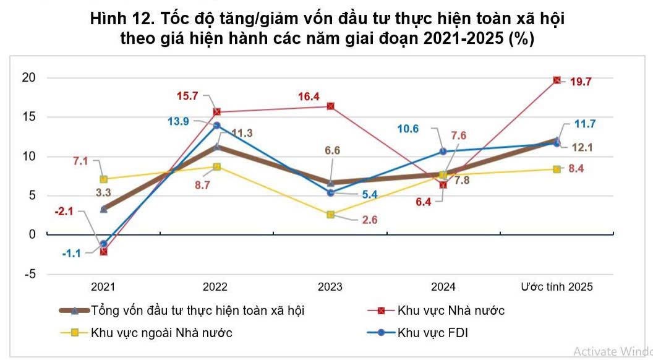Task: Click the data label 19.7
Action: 582,81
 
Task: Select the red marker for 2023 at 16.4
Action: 331,106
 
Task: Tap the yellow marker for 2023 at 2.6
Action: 331,215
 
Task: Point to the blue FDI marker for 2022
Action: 216,126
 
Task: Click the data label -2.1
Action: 64,212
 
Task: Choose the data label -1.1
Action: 72,252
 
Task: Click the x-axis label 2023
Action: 330,287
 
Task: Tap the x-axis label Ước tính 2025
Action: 557,287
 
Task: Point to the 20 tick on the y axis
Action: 28,78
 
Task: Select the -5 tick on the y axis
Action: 28,274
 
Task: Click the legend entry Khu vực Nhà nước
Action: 450,311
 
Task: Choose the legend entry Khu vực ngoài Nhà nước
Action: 161,333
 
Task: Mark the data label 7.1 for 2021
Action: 80,162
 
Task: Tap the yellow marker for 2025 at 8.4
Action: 557,169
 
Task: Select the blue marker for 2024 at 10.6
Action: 443,151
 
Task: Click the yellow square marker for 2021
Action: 103,179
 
